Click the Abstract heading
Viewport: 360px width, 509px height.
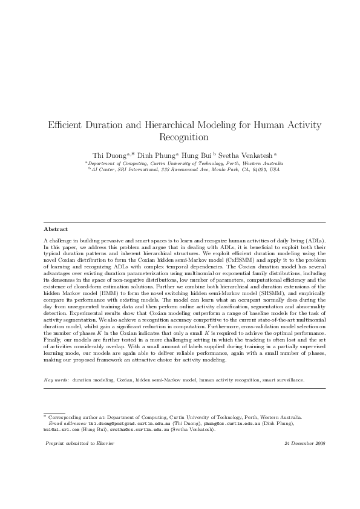(56, 229)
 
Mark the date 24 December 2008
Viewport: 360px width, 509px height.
(304, 443)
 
